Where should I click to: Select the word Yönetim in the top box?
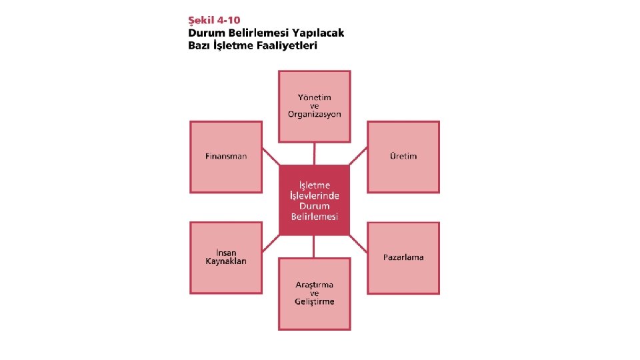click(x=315, y=97)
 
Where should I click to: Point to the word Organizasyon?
click(x=315, y=114)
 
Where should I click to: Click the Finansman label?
click(x=226, y=156)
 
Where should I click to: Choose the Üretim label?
click(x=403, y=156)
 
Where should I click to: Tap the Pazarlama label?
click(x=403, y=257)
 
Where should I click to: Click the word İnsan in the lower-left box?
click(x=226, y=253)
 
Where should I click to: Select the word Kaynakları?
click(x=226, y=261)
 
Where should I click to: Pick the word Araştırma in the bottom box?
click(x=315, y=285)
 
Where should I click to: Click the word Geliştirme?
click(x=315, y=301)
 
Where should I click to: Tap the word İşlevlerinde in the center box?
click(x=315, y=195)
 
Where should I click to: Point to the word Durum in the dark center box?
click(x=315, y=206)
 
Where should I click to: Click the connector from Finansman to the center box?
click(x=271, y=156)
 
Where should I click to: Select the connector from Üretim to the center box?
click(x=359, y=156)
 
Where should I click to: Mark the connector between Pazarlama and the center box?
click(x=359, y=243)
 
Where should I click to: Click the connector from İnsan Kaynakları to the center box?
click(x=271, y=244)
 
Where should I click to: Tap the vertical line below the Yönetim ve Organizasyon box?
click(x=315, y=153)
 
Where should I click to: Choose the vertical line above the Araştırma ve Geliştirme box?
click(x=315, y=247)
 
